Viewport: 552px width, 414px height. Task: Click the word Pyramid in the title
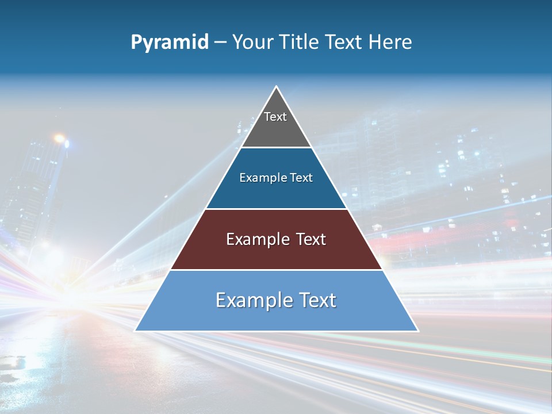tap(170, 43)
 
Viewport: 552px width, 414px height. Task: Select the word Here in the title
tap(391, 42)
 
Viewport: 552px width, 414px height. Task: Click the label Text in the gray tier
tap(275, 117)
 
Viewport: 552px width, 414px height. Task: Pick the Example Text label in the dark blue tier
tap(276, 178)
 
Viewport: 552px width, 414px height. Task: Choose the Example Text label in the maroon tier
tap(276, 239)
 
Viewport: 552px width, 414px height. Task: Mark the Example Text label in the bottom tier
tap(276, 300)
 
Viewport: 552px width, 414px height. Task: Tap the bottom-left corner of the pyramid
tap(136, 330)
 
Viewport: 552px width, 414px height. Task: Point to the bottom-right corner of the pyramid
tap(417, 330)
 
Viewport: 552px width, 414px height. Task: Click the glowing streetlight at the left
tap(59, 139)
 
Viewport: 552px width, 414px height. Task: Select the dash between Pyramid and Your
tap(220, 43)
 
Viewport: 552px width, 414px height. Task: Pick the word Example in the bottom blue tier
tap(251, 300)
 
